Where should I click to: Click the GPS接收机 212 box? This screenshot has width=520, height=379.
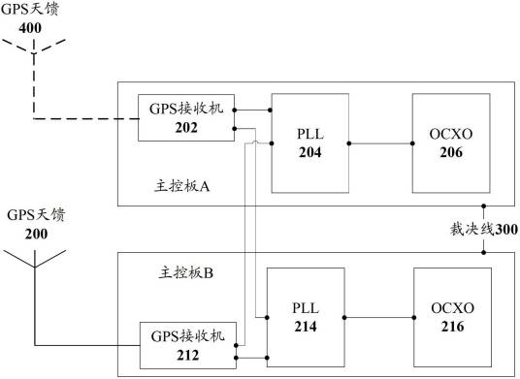click(187, 344)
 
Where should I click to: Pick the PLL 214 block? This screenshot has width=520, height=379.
click(305, 316)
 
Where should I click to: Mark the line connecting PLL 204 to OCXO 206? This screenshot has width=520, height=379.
click(380, 142)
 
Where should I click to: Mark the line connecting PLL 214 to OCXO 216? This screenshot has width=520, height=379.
click(380, 316)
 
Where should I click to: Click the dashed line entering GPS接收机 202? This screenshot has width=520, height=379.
click(87, 119)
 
